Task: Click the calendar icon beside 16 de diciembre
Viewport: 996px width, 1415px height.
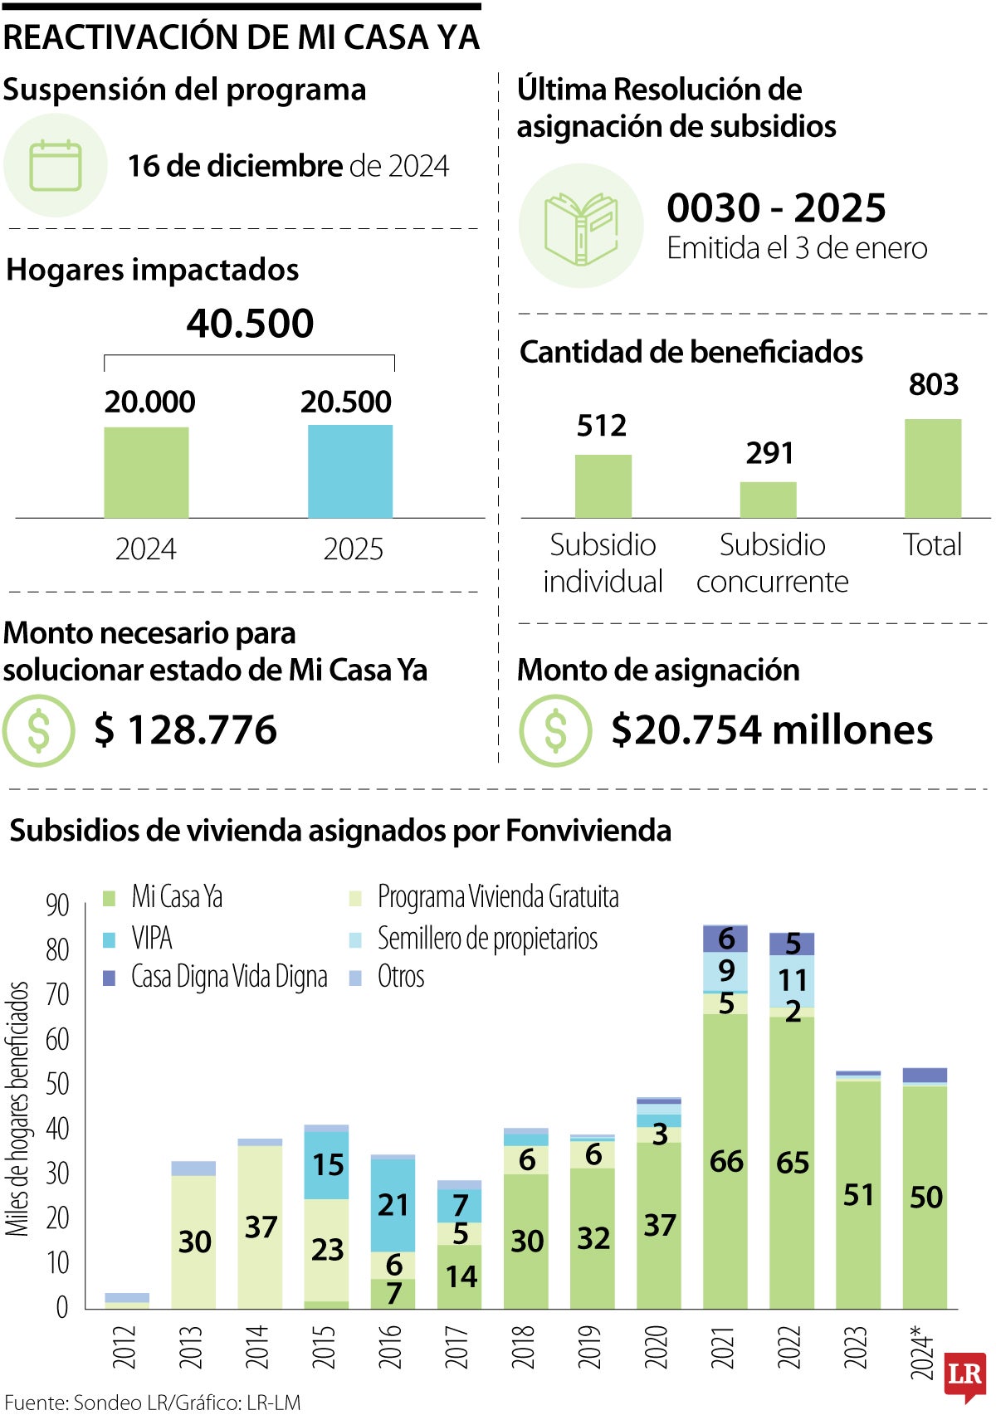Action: [56, 166]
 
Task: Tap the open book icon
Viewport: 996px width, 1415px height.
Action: [581, 227]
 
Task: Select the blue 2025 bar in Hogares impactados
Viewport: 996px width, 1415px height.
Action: [350, 471]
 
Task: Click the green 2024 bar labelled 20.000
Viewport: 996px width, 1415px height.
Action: [146, 472]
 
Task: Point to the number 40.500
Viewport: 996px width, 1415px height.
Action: [250, 324]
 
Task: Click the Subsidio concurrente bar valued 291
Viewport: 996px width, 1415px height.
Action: [768, 500]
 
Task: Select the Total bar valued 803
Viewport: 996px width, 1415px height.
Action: [932, 468]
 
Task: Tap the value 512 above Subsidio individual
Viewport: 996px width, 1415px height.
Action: [602, 426]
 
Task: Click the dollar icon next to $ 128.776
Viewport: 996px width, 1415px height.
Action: [39, 730]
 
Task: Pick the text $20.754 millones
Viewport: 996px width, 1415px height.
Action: [771, 729]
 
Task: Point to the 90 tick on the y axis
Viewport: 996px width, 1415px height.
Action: [57, 905]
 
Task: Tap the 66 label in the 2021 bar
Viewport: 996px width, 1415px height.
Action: [726, 1161]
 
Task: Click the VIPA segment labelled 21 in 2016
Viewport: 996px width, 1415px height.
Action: [393, 1204]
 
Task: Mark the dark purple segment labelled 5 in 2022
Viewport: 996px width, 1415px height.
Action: [792, 944]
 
